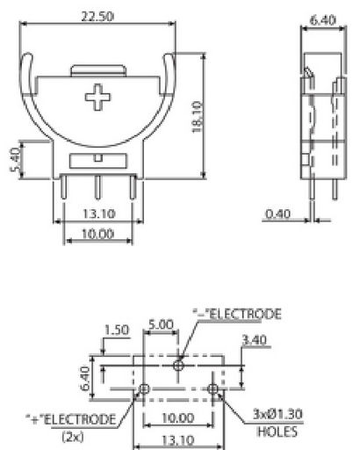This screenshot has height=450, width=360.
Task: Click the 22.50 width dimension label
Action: pos(97,17)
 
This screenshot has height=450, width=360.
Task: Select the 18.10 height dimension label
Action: pos(198,117)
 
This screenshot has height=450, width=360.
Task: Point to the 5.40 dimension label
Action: pos(15,160)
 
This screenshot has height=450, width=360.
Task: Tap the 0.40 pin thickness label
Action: pos(277,214)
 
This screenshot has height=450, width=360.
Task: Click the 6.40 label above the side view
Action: pos(322,20)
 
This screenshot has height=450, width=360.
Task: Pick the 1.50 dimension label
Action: pos(117,330)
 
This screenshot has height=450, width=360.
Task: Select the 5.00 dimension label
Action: pos(161,324)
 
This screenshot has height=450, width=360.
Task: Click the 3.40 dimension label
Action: pos(255,340)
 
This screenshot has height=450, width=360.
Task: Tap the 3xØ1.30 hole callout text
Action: pos(277,414)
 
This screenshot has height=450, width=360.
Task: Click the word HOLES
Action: pos(277,432)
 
